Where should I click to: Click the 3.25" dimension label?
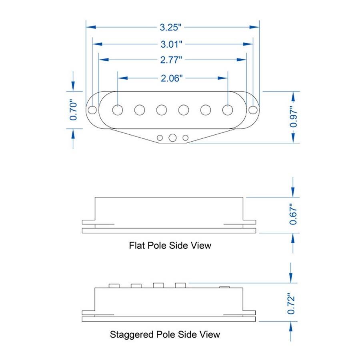pos(170,27)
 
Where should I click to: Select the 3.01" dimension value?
pos(171,44)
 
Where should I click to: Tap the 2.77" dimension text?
pos(171,60)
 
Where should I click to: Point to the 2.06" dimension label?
pos(172,78)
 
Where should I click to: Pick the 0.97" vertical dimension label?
pos(293,117)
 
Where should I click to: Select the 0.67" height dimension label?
pos(293,214)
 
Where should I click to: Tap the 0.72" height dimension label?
pos(291,304)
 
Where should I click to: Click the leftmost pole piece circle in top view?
pos(118,110)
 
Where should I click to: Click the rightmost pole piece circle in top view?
pos(228,110)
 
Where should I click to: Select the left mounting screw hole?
pos(92,110)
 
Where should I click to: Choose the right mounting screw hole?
pos(253,110)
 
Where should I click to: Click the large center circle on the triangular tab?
pos(173,138)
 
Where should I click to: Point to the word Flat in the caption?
pos(137,246)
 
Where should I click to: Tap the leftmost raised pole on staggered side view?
pos(114,286)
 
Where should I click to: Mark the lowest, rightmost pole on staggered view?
pos(224,287)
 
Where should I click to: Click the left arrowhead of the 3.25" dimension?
pos(91,27)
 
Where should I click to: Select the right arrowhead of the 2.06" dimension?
pos(222,78)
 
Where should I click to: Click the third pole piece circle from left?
pos(162,110)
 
